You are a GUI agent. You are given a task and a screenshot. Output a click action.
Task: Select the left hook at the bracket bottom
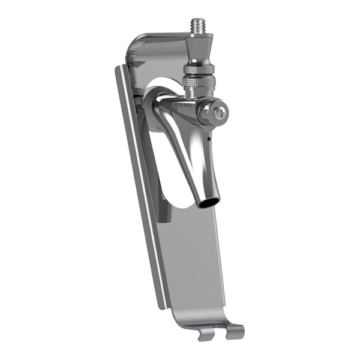point(205,334)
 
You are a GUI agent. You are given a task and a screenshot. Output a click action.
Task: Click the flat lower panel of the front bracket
point(192,264)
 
